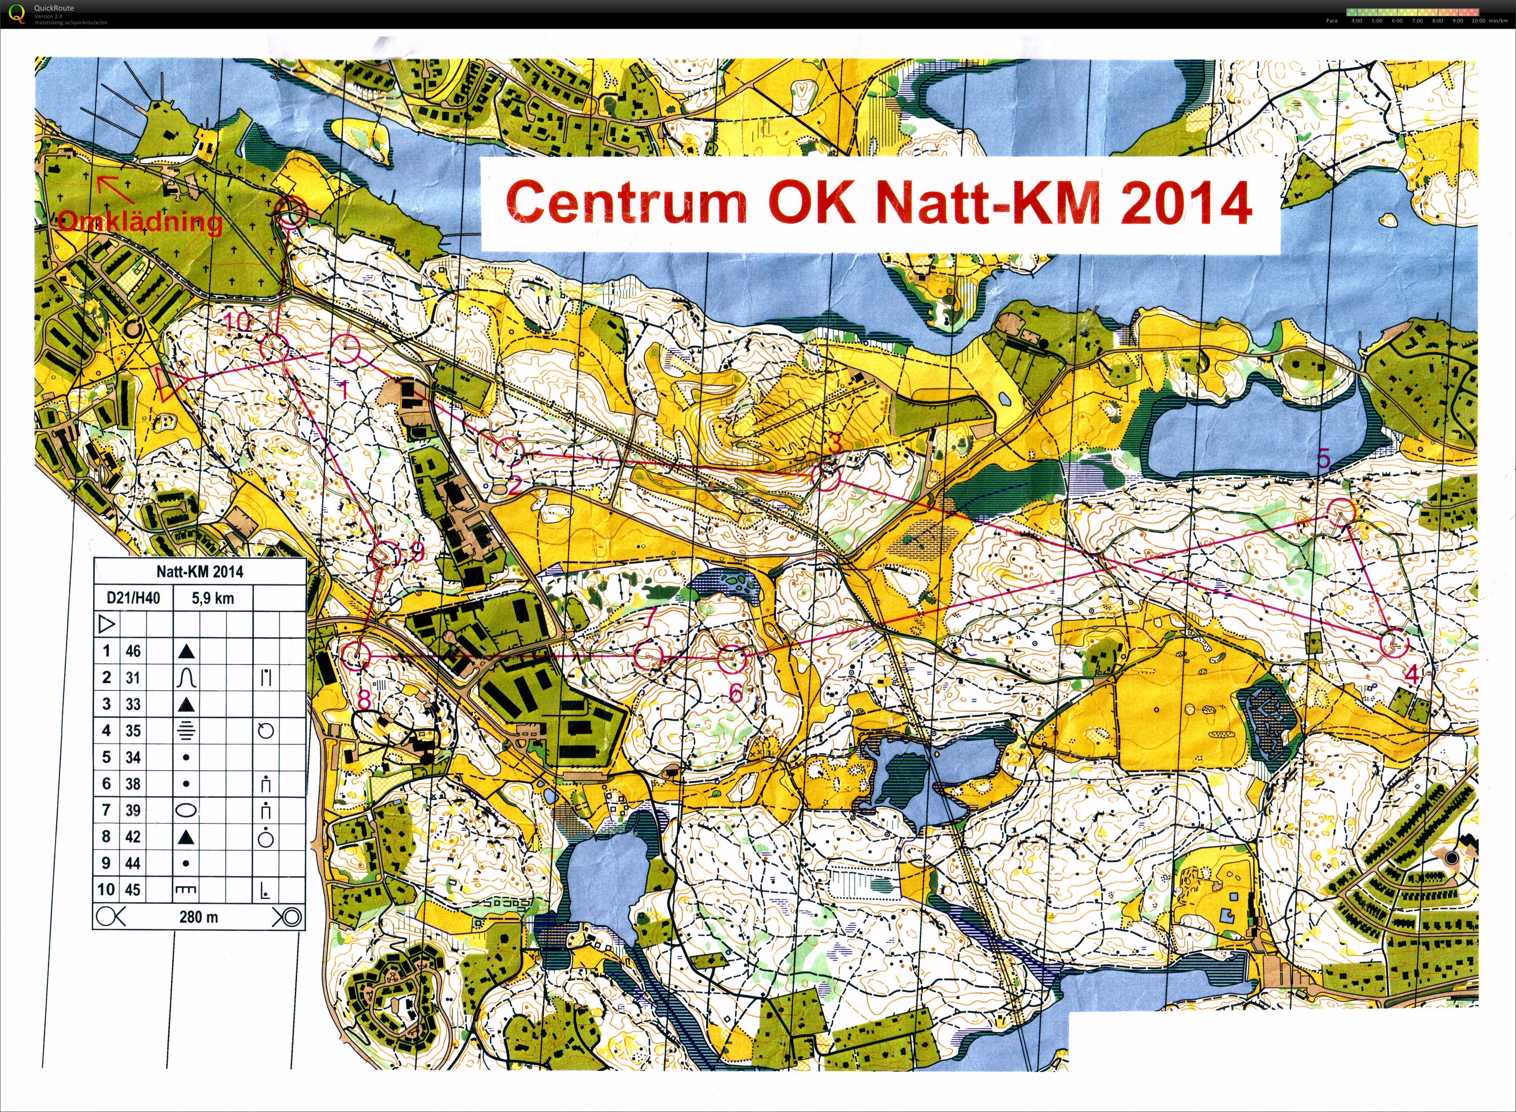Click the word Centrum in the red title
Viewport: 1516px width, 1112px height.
(x=626, y=202)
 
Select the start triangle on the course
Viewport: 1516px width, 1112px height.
(x=167, y=384)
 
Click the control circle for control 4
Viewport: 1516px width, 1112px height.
(x=1393, y=643)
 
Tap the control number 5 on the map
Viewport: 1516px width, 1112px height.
(x=1324, y=459)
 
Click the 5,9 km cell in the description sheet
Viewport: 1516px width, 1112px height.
(x=213, y=598)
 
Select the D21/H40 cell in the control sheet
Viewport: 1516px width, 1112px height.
(x=133, y=598)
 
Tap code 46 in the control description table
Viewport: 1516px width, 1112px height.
(x=133, y=651)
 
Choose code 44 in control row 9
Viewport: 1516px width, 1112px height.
(x=133, y=863)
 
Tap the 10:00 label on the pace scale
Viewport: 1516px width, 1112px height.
(x=1478, y=21)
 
